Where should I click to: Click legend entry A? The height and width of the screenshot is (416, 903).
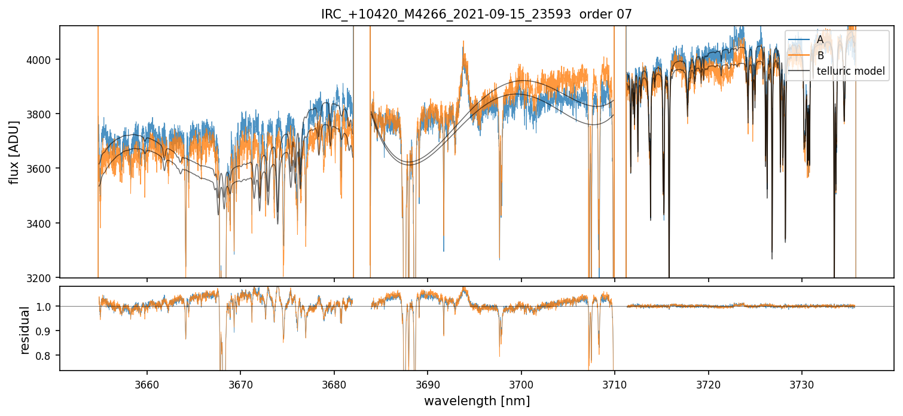(820, 39)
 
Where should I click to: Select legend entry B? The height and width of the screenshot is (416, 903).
(820, 55)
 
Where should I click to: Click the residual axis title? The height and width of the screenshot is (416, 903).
(25, 330)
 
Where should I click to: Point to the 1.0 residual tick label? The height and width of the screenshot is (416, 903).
(47, 307)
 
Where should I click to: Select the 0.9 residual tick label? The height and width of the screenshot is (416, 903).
(47, 331)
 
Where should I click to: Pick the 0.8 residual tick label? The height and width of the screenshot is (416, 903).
(47, 356)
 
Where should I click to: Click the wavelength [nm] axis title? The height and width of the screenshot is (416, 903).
(477, 401)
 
